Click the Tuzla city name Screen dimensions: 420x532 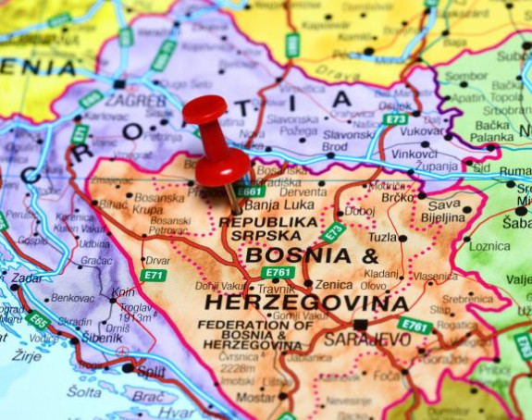382,237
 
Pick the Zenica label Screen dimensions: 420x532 333,285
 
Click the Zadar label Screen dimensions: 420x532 27,278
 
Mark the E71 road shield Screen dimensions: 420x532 153,275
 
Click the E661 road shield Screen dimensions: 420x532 250,191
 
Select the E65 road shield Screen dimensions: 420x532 39,321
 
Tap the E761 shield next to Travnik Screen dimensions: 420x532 277,272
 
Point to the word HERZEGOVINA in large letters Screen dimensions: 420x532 306,303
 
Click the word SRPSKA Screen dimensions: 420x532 265,237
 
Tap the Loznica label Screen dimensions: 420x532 489,247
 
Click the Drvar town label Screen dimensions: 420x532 157,260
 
